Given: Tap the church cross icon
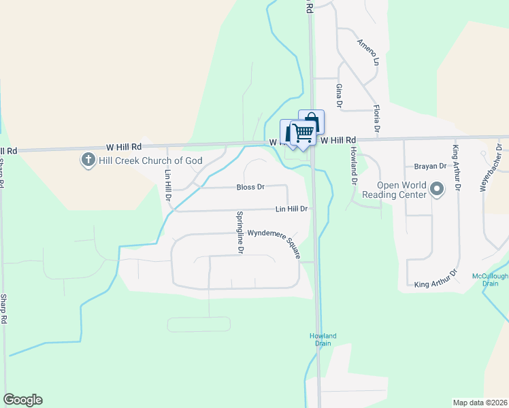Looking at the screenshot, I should click(x=88, y=160).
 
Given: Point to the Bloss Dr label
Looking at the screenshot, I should click(x=250, y=187).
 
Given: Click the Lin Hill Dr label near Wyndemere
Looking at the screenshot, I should click(x=293, y=210).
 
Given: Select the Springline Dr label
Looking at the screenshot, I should click(x=240, y=232).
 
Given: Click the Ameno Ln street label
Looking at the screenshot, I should click(x=367, y=52).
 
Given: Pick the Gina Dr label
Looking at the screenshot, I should click(x=338, y=96).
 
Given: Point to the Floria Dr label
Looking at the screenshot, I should click(x=375, y=118).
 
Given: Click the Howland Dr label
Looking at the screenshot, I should click(x=354, y=164).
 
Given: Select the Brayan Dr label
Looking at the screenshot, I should click(x=429, y=166).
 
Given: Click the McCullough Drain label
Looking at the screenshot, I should click(x=490, y=280).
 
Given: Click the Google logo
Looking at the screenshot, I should click(x=22, y=400).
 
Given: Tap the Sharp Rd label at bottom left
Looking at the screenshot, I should click(x=4, y=309).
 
